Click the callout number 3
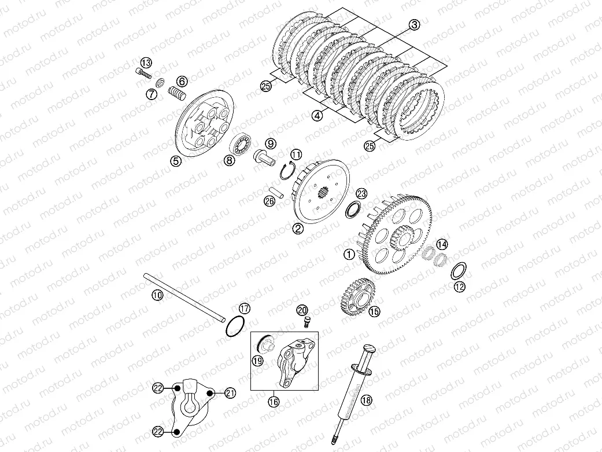click(414, 25)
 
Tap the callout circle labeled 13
click(146, 63)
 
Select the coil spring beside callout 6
click(178, 93)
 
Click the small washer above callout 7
click(160, 83)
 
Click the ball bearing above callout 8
click(241, 144)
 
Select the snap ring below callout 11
click(287, 171)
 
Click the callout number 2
click(298, 229)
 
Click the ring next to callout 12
click(458, 271)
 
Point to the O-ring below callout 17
click(234, 326)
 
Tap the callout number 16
click(274, 402)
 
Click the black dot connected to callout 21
click(209, 393)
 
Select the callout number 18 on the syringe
click(367, 400)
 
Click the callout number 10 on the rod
click(157, 295)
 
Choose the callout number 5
click(176, 161)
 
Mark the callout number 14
click(442, 244)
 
